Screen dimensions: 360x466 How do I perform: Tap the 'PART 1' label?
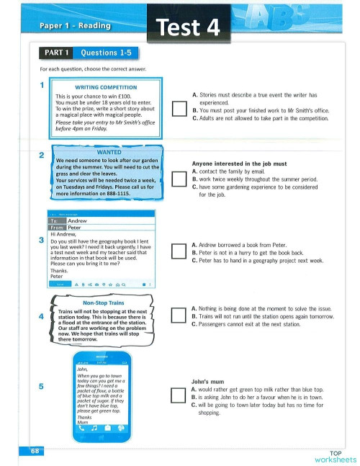coord(56,53)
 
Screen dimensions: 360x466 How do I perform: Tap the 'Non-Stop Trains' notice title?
coord(104,303)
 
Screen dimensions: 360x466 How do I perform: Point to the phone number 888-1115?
coord(119,194)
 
